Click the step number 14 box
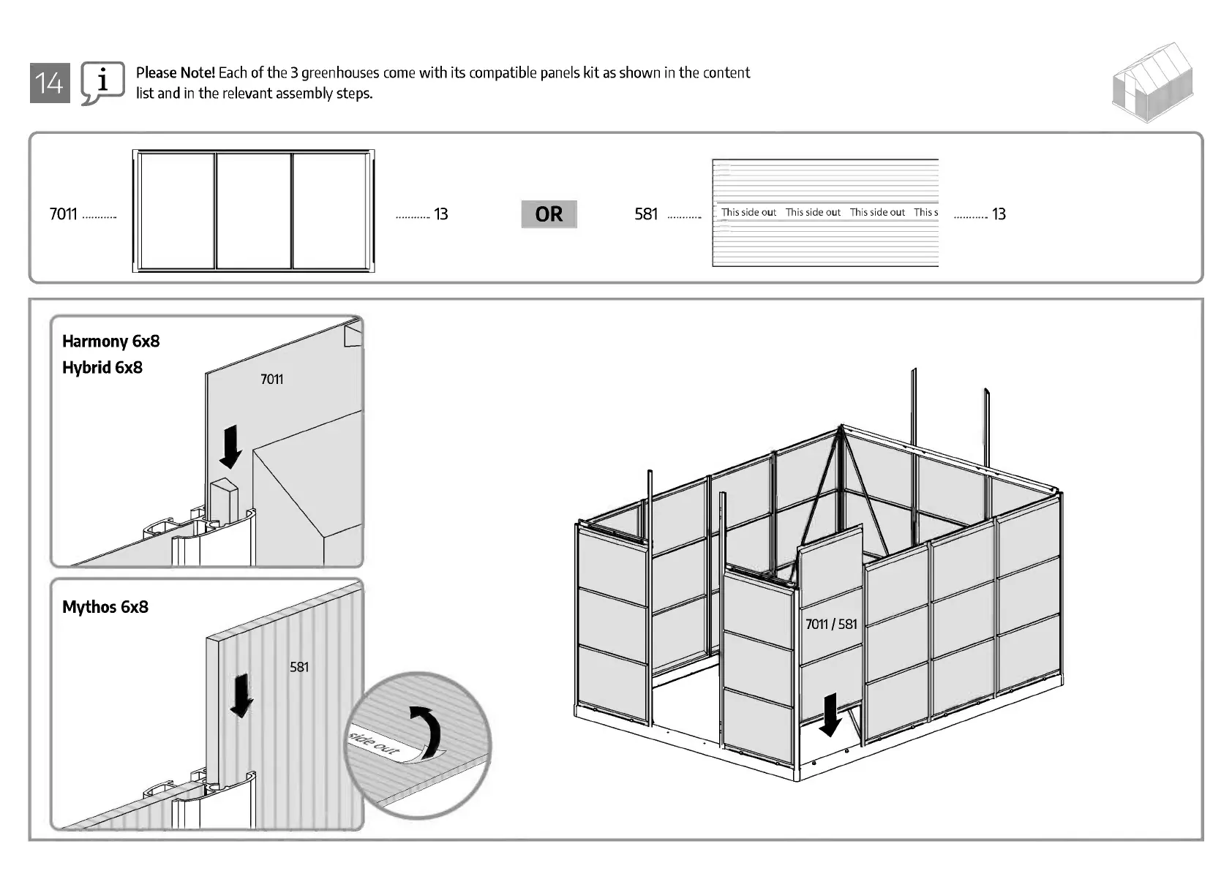(x=50, y=83)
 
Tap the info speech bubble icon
(x=102, y=82)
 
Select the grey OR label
(x=549, y=214)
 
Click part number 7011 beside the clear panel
(x=63, y=214)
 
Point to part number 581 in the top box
(x=646, y=214)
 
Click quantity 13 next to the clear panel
(x=440, y=214)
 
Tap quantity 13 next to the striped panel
(x=999, y=214)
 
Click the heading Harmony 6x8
(x=110, y=342)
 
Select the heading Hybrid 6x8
(x=102, y=368)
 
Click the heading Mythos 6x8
(x=105, y=607)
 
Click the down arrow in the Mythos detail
(x=241, y=695)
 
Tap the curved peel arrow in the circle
(x=427, y=731)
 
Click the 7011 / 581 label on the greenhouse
(x=831, y=624)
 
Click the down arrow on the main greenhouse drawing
(x=830, y=715)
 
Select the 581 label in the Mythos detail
(x=299, y=667)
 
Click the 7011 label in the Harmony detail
(x=271, y=379)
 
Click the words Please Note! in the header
(x=176, y=72)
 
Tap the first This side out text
(x=748, y=212)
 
